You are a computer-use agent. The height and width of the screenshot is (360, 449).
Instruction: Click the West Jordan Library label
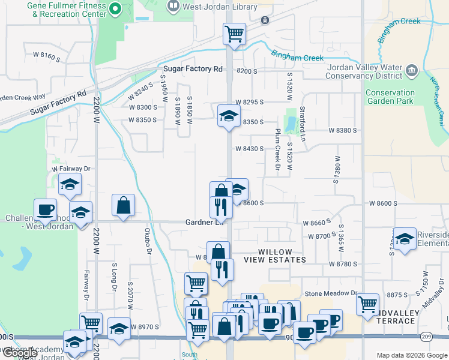pyautogui.click(x=220, y=7)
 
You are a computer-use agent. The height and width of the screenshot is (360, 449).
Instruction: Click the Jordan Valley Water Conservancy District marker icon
pyautogui.click(x=412, y=71)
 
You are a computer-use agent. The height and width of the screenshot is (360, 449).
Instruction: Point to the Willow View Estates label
pyautogui.click(x=275, y=256)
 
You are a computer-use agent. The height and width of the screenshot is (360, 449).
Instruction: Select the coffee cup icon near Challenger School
pyautogui.click(x=45, y=209)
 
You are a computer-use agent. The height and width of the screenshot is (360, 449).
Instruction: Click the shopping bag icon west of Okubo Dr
pyautogui.click(x=123, y=205)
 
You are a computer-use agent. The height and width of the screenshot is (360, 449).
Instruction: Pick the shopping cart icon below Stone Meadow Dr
pyautogui.click(x=367, y=304)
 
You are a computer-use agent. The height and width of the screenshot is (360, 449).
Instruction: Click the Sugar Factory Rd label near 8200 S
pyautogui.click(x=192, y=69)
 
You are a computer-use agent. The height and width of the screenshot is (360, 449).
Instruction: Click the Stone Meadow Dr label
pyautogui.click(x=331, y=293)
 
